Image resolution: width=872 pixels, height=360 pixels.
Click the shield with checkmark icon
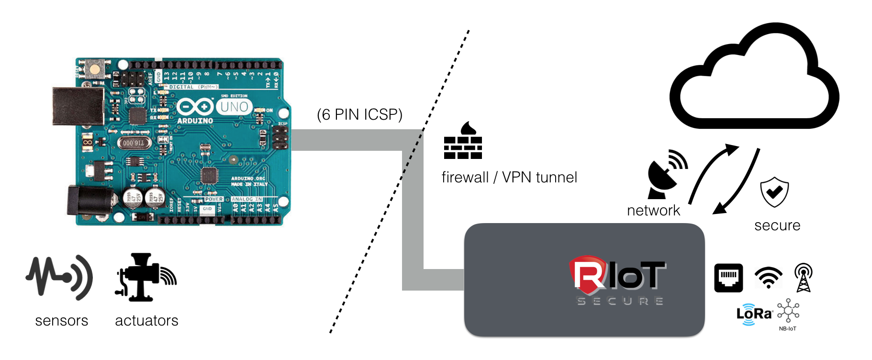tap(774, 191)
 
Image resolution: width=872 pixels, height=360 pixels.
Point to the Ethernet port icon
tap(728, 278)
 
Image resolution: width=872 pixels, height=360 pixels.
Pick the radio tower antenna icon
tap(803, 278)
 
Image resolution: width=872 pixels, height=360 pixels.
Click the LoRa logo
tap(754, 314)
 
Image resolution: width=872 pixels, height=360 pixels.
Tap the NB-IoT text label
tap(787, 329)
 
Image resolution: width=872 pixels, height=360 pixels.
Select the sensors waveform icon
tap(59, 278)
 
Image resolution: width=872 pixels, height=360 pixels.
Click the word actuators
tap(146, 321)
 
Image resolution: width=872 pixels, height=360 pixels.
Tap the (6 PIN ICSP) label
tap(359, 115)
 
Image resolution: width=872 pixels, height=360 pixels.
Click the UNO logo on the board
tap(234, 107)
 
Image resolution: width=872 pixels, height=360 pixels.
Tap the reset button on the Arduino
tap(95, 69)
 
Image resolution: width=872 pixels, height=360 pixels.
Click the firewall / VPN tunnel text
tap(509, 178)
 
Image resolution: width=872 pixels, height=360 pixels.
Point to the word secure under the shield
tap(777, 225)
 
